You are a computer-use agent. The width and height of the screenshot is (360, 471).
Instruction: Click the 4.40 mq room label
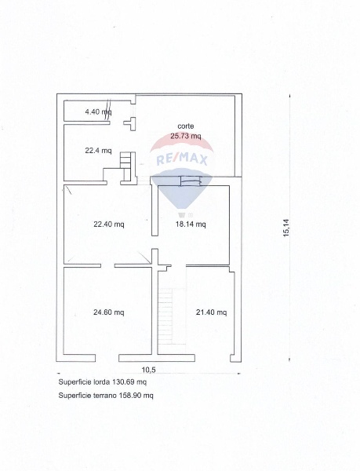[x=98, y=112]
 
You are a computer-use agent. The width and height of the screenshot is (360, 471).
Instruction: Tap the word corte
[x=186, y=126]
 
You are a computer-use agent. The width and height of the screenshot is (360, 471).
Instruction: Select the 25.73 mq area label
[x=186, y=136]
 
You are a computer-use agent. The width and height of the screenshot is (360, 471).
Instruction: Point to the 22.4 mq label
[x=98, y=151]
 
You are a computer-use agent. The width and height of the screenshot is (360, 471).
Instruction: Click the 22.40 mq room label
[x=108, y=224]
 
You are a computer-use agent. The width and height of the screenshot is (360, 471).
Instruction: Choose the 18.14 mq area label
[x=191, y=224]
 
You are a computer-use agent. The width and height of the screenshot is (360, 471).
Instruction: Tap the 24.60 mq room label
[x=108, y=312]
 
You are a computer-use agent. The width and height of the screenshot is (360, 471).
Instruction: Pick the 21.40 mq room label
[x=211, y=312]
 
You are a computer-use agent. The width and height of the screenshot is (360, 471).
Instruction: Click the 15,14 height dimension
[x=287, y=228]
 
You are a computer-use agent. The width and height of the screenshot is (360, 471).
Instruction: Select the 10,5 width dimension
[x=148, y=370]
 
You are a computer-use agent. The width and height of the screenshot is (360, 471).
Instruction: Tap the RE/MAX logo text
[x=182, y=159]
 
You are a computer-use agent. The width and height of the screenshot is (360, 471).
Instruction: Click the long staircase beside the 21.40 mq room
[x=166, y=316]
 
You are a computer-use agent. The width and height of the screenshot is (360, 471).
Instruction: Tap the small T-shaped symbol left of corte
[x=130, y=123]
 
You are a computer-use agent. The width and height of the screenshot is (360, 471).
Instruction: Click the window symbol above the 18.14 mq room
[x=191, y=181]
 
